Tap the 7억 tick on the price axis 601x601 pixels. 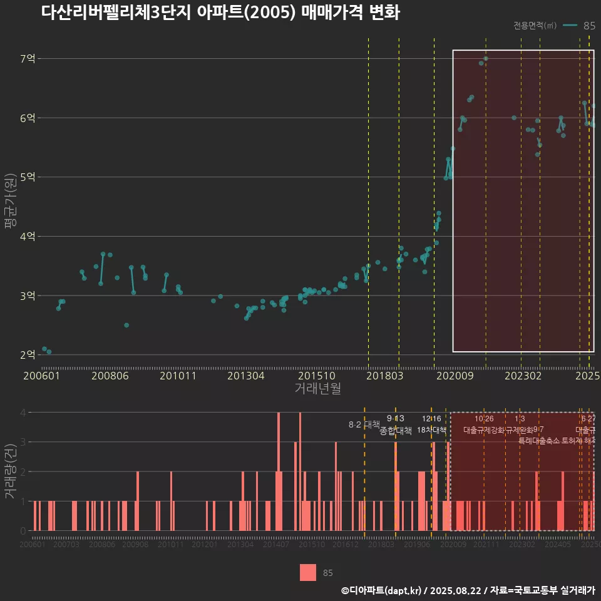pyautogui.click(x=28, y=59)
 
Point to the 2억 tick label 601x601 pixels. pyautogui.click(x=28, y=355)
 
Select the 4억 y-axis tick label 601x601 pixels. pyautogui.click(x=28, y=237)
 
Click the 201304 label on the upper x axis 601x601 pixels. pyautogui.click(x=245, y=376)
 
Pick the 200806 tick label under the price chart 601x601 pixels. pyautogui.click(x=110, y=376)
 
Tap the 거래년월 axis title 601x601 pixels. pyautogui.click(x=317, y=389)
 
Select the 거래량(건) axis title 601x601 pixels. pyautogui.click(x=9, y=471)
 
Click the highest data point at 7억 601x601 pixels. pyautogui.click(x=486, y=59)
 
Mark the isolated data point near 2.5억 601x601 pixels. pyautogui.click(x=126, y=325)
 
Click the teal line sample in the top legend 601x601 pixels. pyautogui.click(x=570, y=26)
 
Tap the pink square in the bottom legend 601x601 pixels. pyautogui.click(x=307, y=572)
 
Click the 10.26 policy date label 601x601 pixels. pyautogui.click(x=484, y=419)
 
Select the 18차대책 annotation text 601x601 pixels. pyautogui.click(x=431, y=430)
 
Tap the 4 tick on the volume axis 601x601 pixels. pyautogui.click(x=23, y=413)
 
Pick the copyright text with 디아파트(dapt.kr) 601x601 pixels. pyautogui.click(x=468, y=590)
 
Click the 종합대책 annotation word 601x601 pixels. pyautogui.click(x=396, y=430)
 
